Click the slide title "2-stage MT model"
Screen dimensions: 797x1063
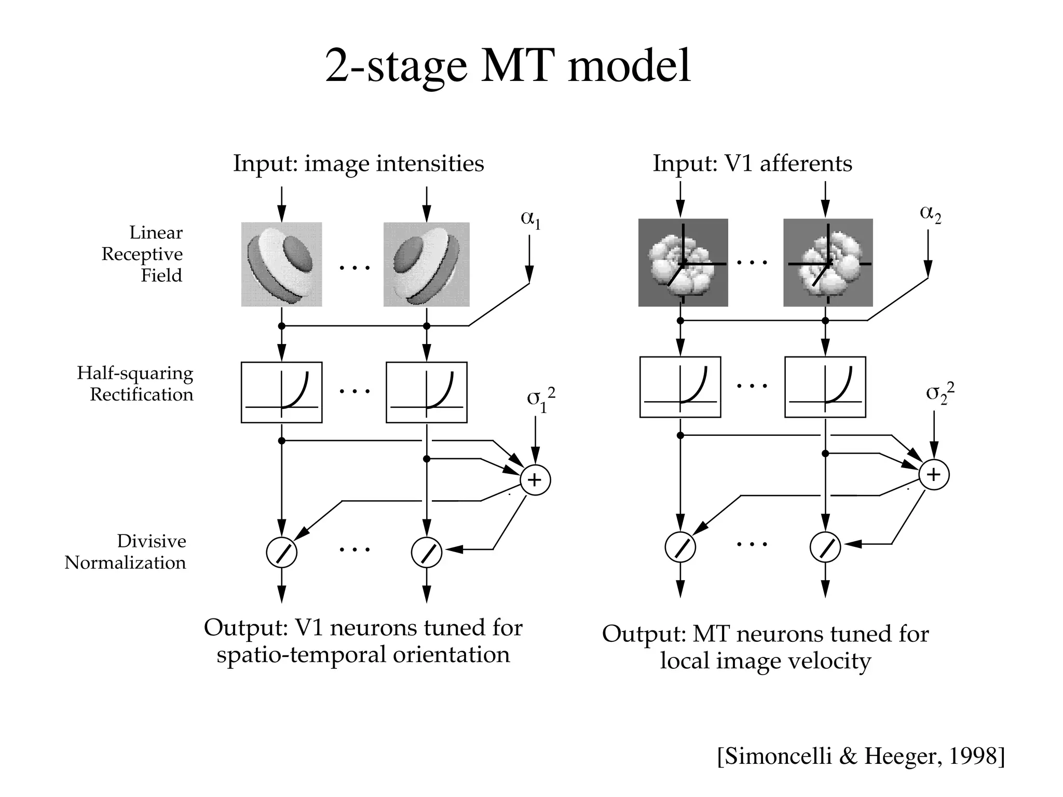(x=508, y=66)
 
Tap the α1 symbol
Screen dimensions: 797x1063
(x=530, y=218)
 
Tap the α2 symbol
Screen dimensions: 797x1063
(x=930, y=213)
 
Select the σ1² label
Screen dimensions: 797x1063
(x=540, y=400)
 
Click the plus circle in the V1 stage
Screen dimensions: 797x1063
(x=535, y=480)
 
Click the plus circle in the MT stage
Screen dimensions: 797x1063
(x=933, y=475)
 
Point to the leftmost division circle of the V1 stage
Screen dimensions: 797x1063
(x=281, y=553)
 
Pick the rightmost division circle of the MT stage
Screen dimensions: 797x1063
(x=825, y=547)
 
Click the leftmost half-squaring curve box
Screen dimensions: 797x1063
(x=281, y=392)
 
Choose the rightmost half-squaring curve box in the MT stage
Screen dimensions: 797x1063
(x=825, y=387)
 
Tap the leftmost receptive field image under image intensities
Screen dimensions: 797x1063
(x=281, y=264)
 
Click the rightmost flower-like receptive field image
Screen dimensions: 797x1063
(x=828, y=263)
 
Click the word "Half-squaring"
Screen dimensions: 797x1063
(x=135, y=374)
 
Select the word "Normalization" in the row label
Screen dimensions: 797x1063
(x=125, y=563)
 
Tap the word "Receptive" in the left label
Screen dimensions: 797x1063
(x=142, y=254)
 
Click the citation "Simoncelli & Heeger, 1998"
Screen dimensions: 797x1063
(x=861, y=757)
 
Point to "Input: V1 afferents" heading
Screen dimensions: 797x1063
(x=752, y=163)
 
